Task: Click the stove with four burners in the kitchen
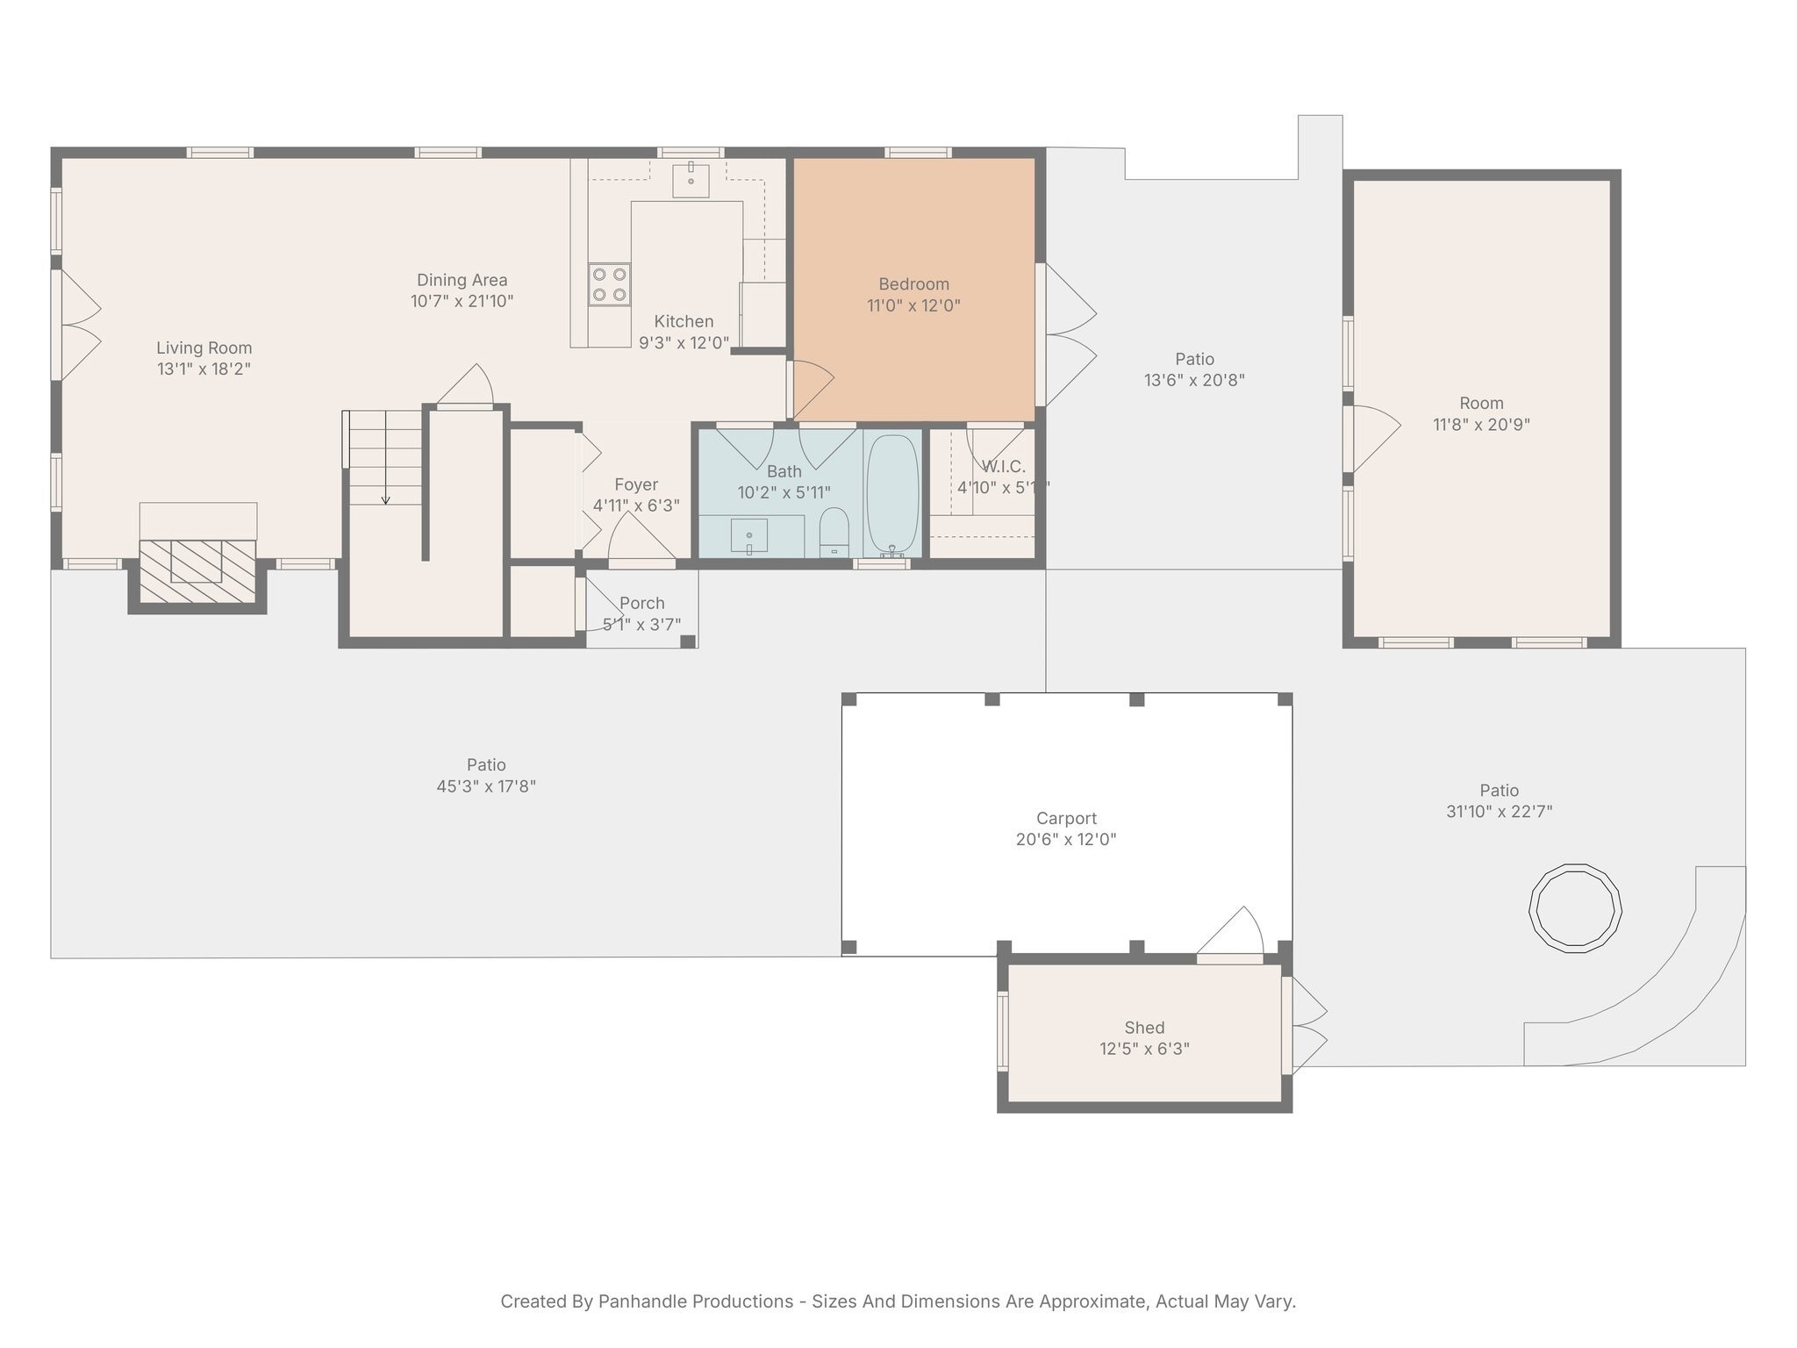(x=609, y=284)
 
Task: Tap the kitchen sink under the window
(x=691, y=180)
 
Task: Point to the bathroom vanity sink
(x=749, y=535)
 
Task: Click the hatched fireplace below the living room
(x=197, y=570)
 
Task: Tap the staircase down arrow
(x=385, y=498)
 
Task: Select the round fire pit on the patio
(x=1575, y=909)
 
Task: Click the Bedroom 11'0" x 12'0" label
(x=913, y=295)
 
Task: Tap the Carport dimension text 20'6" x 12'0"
(x=1066, y=840)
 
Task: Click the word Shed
(x=1144, y=1028)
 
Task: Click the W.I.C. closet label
(x=1003, y=467)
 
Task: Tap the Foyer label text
(x=636, y=484)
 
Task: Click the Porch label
(x=641, y=603)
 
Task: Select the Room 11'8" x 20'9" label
(x=1481, y=414)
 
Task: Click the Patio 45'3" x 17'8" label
(x=486, y=776)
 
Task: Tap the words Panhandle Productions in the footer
(x=695, y=1301)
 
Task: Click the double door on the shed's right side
(x=1305, y=1025)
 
